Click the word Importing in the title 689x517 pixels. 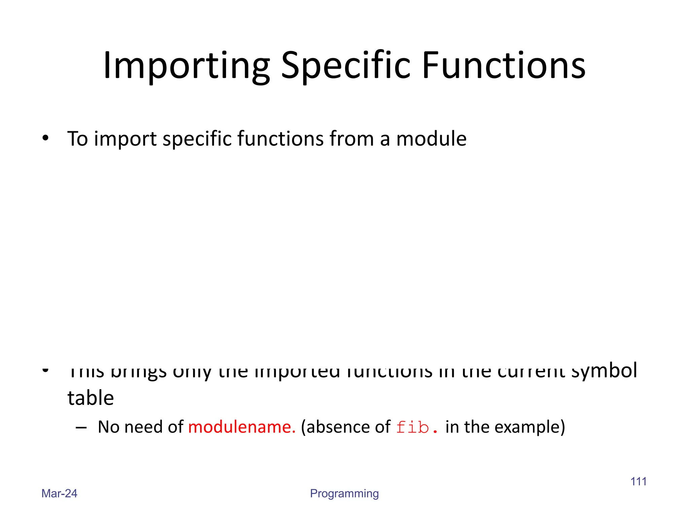point(186,66)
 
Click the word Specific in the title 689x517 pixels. point(346,66)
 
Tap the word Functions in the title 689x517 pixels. point(504,66)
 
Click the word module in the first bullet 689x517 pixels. point(431,139)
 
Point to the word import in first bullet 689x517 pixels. point(125,139)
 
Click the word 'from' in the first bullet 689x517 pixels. point(351,139)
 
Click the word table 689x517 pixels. point(90,398)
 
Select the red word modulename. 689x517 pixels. point(242,427)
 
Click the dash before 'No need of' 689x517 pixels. point(81,427)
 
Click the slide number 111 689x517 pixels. point(638,481)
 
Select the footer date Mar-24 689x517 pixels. point(59,493)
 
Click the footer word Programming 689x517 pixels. point(344,494)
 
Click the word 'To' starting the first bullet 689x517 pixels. point(77,139)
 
